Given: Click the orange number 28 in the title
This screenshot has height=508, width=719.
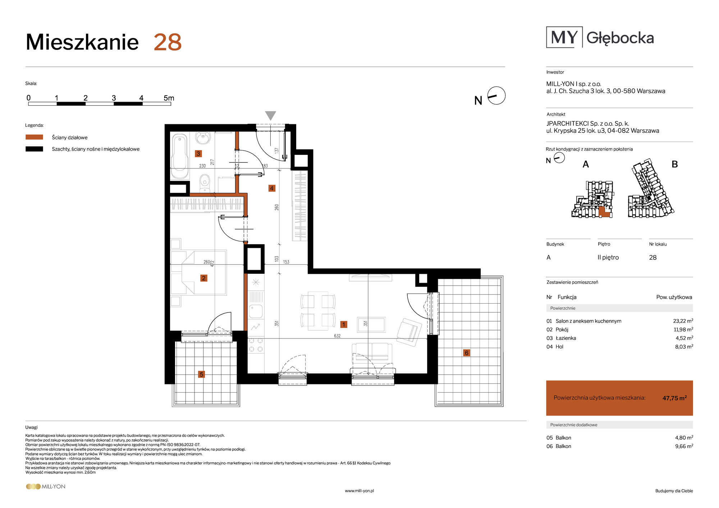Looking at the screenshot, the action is pyautogui.click(x=168, y=42).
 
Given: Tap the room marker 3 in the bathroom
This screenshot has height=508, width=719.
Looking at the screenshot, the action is pyautogui.click(x=198, y=154).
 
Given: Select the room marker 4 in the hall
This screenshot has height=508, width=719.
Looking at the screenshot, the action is pyautogui.click(x=272, y=188).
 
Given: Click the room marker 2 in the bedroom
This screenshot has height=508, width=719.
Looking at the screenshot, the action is pyautogui.click(x=204, y=278).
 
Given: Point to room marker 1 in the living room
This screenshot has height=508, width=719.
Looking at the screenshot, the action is pyautogui.click(x=344, y=324).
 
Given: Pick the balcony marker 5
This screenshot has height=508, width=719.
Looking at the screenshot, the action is pyautogui.click(x=201, y=374).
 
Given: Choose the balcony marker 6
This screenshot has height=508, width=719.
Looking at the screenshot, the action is pyautogui.click(x=467, y=353).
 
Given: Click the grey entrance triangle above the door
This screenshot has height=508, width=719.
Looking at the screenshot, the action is pyautogui.click(x=271, y=115).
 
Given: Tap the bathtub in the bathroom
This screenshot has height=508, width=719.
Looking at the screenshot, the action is pyautogui.click(x=180, y=156).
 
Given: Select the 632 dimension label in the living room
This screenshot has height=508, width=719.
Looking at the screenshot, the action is pyautogui.click(x=337, y=336).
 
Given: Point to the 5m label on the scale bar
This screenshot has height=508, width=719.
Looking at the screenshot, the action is pyautogui.click(x=169, y=98).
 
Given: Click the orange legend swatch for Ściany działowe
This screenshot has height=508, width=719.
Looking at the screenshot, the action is pyautogui.click(x=35, y=137).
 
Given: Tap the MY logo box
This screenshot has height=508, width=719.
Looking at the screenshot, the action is pyautogui.click(x=564, y=37).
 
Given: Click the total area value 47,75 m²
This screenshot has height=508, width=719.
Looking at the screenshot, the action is pyautogui.click(x=674, y=398).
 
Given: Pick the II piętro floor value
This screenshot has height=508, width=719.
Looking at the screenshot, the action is pyautogui.click(x=608, y=257).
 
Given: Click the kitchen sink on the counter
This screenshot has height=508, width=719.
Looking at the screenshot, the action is pyautogui.click(x=256, y=311).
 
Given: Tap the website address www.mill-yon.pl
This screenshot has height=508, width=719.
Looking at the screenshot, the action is pyautogui.click(x=359, y=491).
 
